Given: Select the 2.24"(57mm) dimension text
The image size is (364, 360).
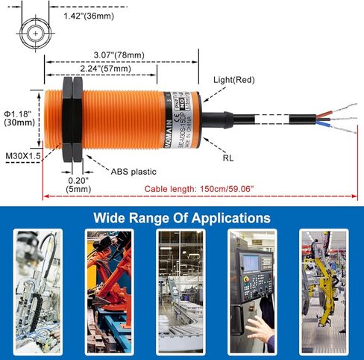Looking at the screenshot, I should coord(104,68).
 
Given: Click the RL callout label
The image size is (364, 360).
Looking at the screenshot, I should coord(228,158).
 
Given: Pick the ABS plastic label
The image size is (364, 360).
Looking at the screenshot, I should coord(134,170).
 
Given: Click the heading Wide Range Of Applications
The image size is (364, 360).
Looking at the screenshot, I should coord(181,218).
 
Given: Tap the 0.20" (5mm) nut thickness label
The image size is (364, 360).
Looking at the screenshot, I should coord(78,185).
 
